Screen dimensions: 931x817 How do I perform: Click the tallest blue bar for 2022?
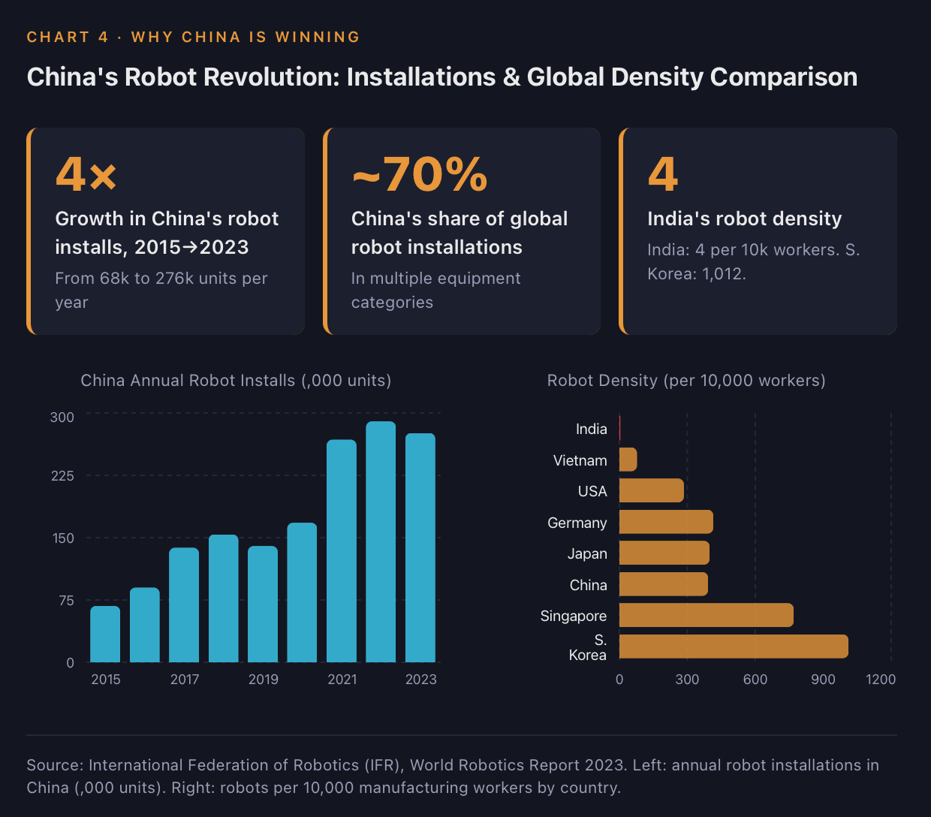(381, 541)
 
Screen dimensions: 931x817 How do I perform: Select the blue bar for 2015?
(105, 634)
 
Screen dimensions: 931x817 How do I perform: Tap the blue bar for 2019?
(262, 604)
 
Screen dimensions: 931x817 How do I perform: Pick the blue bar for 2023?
(420, 547)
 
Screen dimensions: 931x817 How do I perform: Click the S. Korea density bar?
(734, 646)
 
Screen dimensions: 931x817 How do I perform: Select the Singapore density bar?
(706, 615)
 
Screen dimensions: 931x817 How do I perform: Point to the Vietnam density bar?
(628, 460)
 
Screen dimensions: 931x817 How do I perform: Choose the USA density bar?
(651, 490)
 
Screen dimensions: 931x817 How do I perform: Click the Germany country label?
(577, 523)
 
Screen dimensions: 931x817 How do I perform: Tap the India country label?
(592, 429)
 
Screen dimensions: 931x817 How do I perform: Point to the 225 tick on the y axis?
(62, 475)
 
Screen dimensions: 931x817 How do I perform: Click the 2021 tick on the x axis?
(342, 679)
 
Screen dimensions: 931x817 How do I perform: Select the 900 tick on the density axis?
(823, 679)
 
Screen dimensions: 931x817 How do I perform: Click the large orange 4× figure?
(86, 174)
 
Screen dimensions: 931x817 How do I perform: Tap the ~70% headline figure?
(419, 174)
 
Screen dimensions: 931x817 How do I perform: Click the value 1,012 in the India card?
(724, 274)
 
